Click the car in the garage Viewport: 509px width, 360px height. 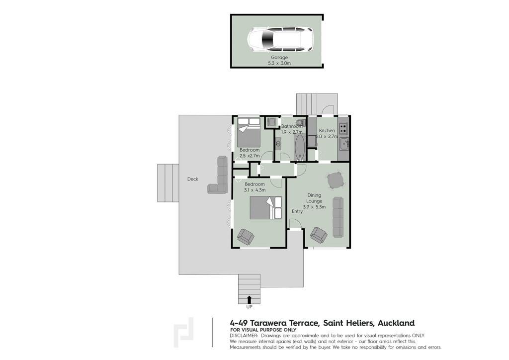coord(280,39)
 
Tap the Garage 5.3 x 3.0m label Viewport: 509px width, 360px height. coord(279,60)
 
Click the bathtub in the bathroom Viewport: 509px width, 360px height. coord(300,147)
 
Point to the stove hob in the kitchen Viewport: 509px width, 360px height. coord(343,128)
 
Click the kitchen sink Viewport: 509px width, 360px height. coord(344,144)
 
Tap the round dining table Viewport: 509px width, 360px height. coord(335,180)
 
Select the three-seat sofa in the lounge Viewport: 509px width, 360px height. coord(338,217)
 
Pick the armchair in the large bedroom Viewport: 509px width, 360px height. coord(246,237)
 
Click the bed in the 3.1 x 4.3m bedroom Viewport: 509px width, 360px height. coord(266,207)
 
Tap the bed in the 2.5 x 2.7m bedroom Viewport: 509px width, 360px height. coord(249,132)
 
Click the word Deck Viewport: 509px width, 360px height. coord(192,179)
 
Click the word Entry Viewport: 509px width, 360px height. coord(297,211)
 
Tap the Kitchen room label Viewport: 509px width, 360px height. coord(327,130)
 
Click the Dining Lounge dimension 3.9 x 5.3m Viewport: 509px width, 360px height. coord(314,207)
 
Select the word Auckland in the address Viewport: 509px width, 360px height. coord(396,323)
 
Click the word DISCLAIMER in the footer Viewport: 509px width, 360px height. coord(244,336)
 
